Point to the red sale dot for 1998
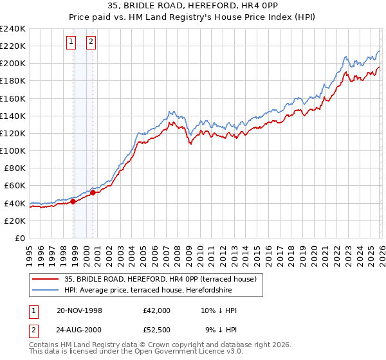(x=73, y=201)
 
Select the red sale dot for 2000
(x=93, y=192)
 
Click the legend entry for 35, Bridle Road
(x=160, y=279)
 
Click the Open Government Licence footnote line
(x=136, y=352)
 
